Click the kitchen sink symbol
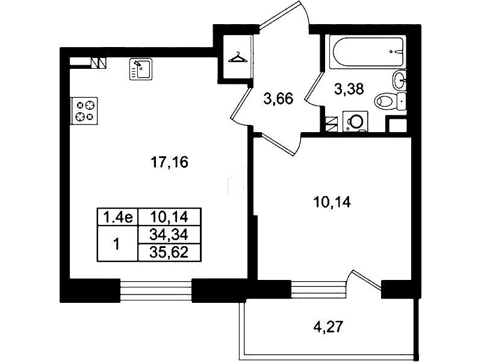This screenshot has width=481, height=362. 141,69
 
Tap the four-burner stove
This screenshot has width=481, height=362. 84,111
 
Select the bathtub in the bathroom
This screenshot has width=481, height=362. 367,52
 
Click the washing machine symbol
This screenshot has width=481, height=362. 355,121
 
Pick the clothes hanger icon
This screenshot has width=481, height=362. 238,57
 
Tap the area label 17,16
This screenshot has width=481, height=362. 169,162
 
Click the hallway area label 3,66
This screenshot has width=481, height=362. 278,99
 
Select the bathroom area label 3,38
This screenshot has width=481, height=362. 349,89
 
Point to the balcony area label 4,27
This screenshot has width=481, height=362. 327,326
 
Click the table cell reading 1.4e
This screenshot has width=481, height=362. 118,217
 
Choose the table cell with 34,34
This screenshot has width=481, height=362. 170,235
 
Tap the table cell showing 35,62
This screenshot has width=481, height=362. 170,253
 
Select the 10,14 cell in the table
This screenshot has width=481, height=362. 170,217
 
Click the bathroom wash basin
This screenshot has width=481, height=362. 399,80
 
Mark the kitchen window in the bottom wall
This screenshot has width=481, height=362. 156,290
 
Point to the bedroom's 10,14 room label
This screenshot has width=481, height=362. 332,202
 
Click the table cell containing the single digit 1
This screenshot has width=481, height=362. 117,244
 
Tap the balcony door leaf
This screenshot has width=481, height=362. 367,280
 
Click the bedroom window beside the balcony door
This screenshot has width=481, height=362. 318,289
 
